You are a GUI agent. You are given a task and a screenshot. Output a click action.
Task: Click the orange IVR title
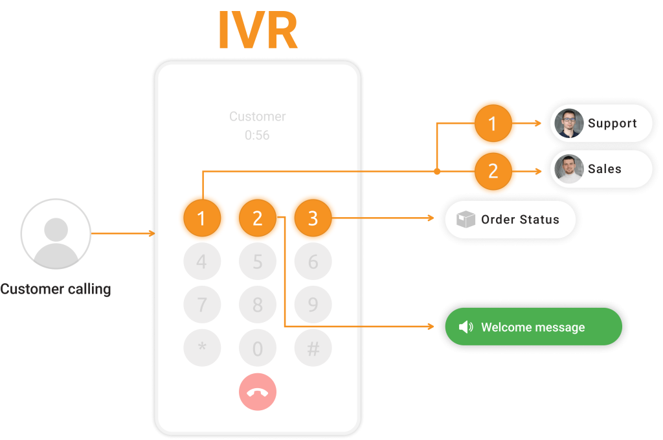(x=258, y=30)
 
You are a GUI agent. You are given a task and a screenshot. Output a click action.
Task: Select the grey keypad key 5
(x=258, y=262)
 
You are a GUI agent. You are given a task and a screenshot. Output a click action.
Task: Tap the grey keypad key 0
(x=258, y=349)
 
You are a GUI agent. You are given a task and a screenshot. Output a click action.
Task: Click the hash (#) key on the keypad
(x=313, y=349)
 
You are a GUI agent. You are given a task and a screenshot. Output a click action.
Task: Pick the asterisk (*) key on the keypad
(x=202, y=349)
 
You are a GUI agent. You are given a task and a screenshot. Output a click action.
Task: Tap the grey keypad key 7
(x=202, y=305)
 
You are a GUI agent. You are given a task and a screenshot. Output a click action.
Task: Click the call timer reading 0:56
(x=257, y=135)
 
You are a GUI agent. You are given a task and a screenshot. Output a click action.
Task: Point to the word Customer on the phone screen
(x=257, y=117)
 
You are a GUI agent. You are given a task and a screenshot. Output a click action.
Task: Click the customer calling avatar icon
(x=56, y=234)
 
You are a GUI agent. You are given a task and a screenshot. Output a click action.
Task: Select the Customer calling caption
(x=56, y=289)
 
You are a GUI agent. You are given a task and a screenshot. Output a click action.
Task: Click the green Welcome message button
(x=533, y=327)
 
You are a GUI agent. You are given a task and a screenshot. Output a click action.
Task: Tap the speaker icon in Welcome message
(x=466, y=327)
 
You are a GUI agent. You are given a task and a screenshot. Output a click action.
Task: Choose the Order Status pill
(x=510, y=220)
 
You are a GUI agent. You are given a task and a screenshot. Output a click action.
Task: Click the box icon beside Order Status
(x=466, y=220)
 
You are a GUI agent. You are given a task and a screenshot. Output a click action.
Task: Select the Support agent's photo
(x=569, y=124)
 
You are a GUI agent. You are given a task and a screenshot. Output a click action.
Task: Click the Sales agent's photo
(x=569, y=169)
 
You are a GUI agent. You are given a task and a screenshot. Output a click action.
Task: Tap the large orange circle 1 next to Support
(x=492, y=123)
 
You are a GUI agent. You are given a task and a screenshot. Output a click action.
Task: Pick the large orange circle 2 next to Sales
(x=493, y=170)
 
